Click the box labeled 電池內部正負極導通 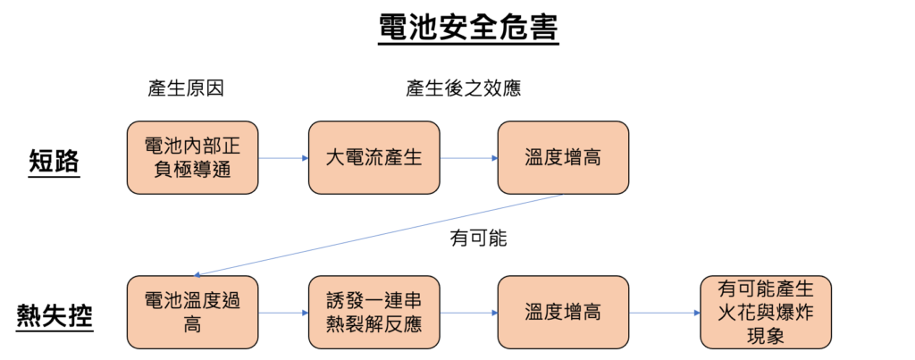(x=192, y=157)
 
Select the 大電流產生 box (x=374, y=157)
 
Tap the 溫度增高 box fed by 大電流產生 (x=562, y=157)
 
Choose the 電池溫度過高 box (x=192, y=312)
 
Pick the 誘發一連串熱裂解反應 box (x=374, y=312)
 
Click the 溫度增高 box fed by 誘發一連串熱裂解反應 (x=562, y=312)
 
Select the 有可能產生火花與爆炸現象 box (x=765, y=312)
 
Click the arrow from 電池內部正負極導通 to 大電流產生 (x=283, y=158)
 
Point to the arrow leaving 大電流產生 (x=468, y=158)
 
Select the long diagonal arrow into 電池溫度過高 (x=380, y=234)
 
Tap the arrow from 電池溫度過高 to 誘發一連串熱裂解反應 (x=283, y=313)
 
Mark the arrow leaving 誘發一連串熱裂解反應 (x=468, y=313)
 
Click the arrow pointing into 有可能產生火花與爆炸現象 (x=664, y=313)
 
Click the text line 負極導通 (x=192, y=169)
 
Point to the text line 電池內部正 (x=192, y=146)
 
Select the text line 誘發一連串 (x=374, y=300)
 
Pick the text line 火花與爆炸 (x=765, y=313)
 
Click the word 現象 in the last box (x=765, y=335)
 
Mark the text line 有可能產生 (x=765, y=290)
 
